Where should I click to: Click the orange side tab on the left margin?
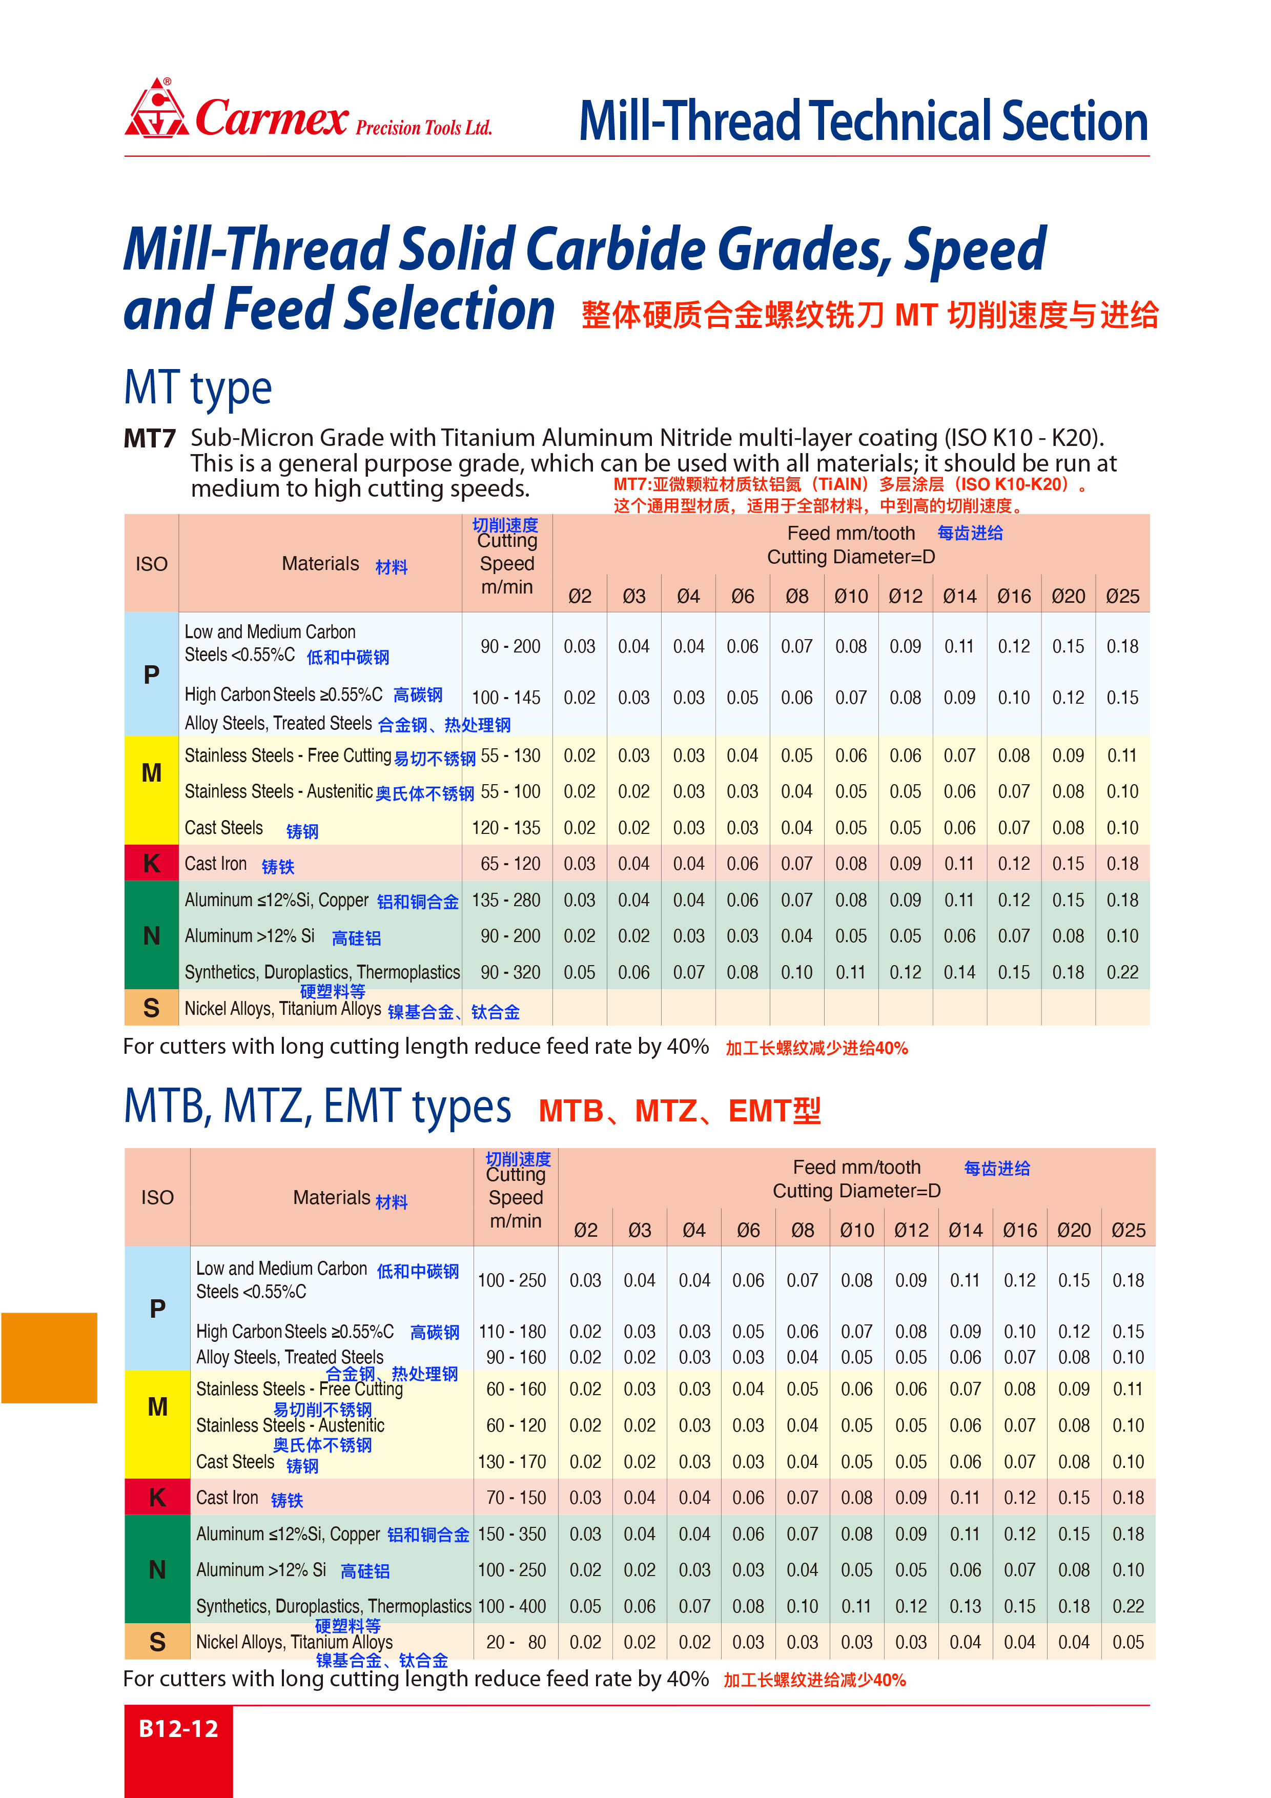tap(49, 1358)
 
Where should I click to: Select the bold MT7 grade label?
tap(150, 439)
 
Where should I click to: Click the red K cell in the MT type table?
tap(151, 863)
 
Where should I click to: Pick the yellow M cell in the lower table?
tap(157, 1407)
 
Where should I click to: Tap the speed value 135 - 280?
tap(506, 900)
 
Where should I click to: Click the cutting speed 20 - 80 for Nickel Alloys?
tap(515, 1642)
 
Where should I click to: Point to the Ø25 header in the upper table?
tap(1122, 597)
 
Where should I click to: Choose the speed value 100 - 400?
tap(512, 1606)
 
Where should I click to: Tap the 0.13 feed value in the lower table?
tap(965, 1606)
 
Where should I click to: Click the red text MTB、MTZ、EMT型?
tap(679, 1111)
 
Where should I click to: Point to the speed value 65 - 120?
tap(510, 864)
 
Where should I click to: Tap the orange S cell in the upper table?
tap(151, 1008)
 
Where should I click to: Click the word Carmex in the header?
tap(271, 118)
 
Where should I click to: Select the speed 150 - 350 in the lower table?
tap(512, 1534)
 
